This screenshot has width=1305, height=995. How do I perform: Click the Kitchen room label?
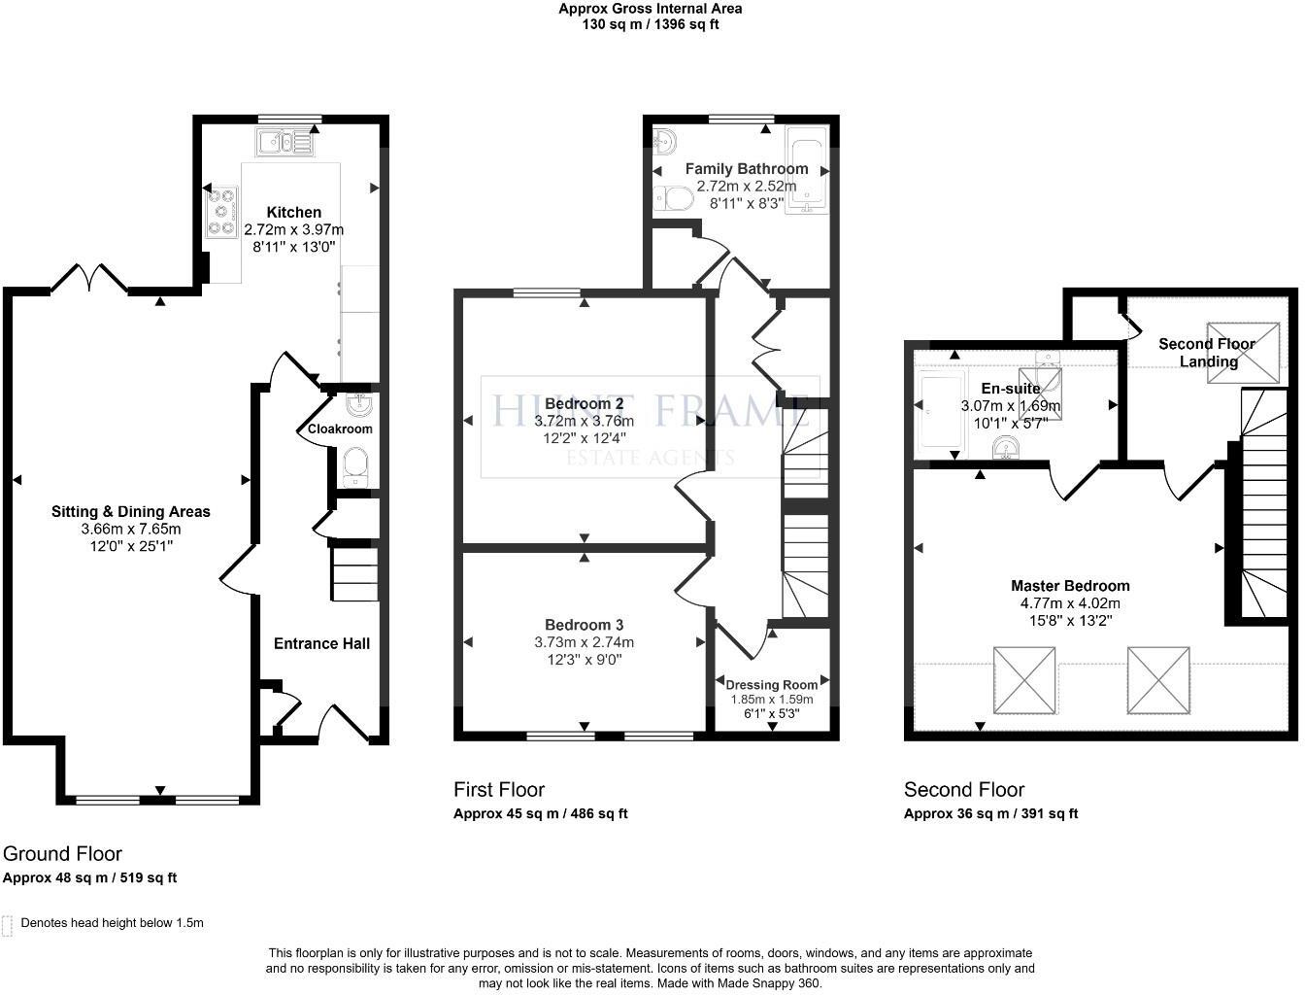(x=293, y=212)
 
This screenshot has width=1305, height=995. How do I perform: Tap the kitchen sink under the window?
(x=285, y=143)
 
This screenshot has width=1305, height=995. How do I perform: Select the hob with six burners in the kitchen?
(x=222, y=212)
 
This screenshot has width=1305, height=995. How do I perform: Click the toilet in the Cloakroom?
(x=355, y=467)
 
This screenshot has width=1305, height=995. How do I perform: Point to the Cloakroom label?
(x=340, y=429)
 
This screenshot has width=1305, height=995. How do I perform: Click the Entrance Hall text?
(x=321, y=643)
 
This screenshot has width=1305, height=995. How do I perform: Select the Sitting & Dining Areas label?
(x=131, y=511)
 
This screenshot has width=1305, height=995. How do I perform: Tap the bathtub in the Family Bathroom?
(x=808, y=170)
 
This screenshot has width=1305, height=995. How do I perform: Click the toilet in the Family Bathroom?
(x=672, y=199)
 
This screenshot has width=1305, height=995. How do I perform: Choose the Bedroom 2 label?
(x=584, y=403)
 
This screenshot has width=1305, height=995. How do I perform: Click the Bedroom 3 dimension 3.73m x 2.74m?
(x=584, y=642)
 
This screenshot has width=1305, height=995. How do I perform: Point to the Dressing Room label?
(x=772, y=684)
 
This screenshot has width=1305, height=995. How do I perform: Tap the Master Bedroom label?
(x=1070, y=585)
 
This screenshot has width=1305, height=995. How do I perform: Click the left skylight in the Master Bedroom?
(x=1024, y=679)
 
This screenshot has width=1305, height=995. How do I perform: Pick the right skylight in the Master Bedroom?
(x=1158, y=679)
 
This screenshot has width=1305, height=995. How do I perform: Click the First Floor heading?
(x=499, y=789)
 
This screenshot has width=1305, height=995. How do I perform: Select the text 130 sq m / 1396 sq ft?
(x=651, y=25)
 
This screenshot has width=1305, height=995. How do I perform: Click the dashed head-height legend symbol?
(x=8, y=924)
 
